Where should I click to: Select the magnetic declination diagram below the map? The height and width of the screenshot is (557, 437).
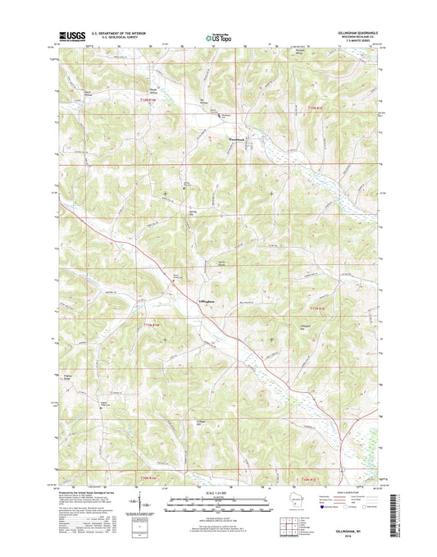[x=146, y=504]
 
